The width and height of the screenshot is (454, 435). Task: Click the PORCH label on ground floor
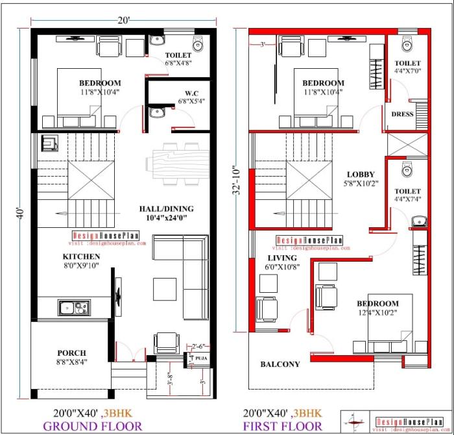click(x=71, y=353)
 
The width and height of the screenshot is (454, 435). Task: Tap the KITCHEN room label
click(x=80, y=256)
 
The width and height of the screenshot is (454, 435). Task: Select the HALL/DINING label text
click(x=166, y=208)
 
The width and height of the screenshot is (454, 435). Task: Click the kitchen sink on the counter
click(x=73, y=307)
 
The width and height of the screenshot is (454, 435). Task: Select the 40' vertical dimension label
click(x=22, y=213)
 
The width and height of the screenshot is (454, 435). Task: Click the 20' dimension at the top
click(x=124, y=20)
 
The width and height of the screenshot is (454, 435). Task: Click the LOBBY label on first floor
click(x=361, y=174)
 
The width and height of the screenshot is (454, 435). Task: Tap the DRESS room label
click(x=402, y=114)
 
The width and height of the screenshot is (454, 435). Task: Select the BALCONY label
click(x=280, y=364)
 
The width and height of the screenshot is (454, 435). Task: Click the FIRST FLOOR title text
click(x=282, y=426)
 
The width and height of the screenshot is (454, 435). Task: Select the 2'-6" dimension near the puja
click(x=198, y=345)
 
